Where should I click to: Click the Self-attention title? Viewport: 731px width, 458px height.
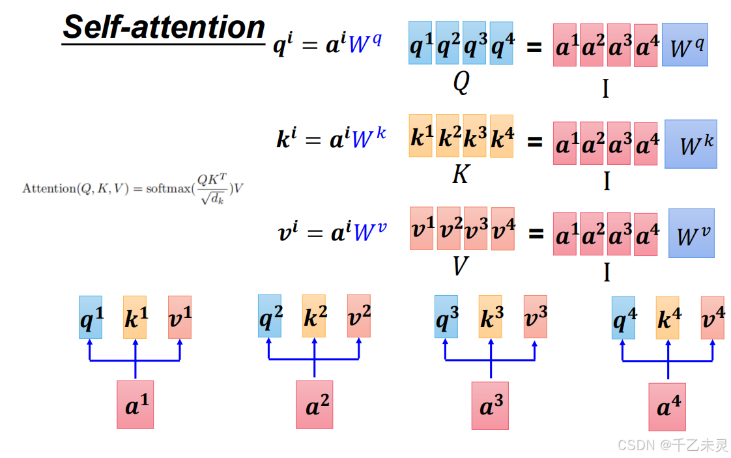pyautogui.click(x=164, y=27)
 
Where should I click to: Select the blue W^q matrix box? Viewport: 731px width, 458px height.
pyautogui.click(x=685, y=45)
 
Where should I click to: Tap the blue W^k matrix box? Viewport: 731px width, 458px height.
pyautogui.click(x=691, y=144)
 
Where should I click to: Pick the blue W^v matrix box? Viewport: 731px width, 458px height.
pyautogui.click(x=691, y=233)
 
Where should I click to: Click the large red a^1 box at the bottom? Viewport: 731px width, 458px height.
pyautogui.click(x=135, y=405)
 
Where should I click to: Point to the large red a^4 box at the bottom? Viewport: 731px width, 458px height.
pyautogui.click(x=666, y=407)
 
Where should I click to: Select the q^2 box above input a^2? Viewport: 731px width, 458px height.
pyautogui.click(x=270, y=317)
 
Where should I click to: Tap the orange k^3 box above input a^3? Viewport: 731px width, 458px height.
pyautogui.click(x=490, y=317)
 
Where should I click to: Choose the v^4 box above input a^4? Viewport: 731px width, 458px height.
pyautogui.click(x=712, y=317)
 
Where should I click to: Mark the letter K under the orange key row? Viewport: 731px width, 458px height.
pyautogui.click(x=461, y=174)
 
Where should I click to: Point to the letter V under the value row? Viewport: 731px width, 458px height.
pyautogui.click(x=461, y=265)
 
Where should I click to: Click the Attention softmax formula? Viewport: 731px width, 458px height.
pyautogui.click(x=134, y=189)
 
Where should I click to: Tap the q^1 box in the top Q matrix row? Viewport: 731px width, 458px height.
pyautogui.click(x=420, y=43)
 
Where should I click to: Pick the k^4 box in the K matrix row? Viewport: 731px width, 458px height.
pyautogui.click(x=501, y=137)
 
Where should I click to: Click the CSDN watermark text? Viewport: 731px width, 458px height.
pyautogui.click(x=672, y=445)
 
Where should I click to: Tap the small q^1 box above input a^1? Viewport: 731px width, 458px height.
pyautogui.click(x=91, y=317)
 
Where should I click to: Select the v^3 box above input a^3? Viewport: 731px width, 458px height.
pyautogui.click(x=535, y=317)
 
